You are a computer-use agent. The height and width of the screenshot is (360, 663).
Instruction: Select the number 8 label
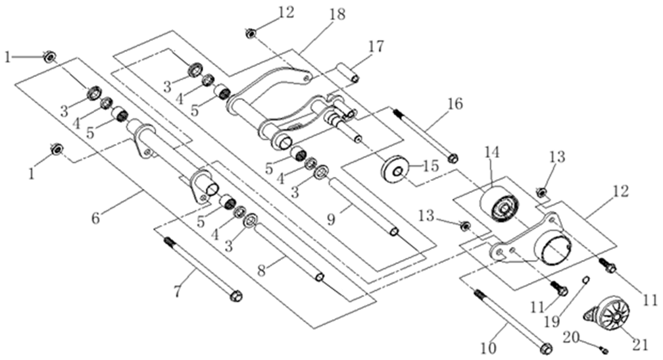pos(262,270)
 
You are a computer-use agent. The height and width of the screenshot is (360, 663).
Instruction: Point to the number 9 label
pos(331,219)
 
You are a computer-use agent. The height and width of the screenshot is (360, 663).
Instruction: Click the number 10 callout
pos(488,348)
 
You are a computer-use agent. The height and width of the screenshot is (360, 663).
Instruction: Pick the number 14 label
pos(492,152)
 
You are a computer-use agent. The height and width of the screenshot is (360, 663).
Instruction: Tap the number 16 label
pos(455,103)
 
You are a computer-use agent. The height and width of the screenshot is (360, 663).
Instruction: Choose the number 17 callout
pos(376,46)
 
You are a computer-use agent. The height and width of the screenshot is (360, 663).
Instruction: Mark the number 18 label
pos(337,14)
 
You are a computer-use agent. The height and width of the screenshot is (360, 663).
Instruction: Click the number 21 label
pos(640,345)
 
